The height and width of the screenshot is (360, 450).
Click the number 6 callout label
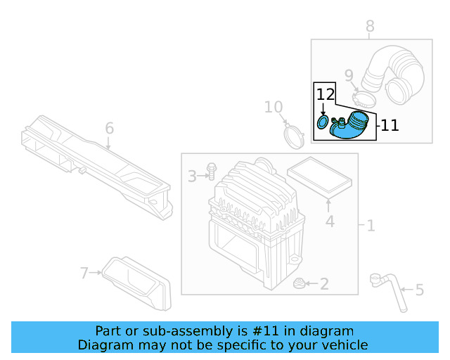click(x=109, y=129)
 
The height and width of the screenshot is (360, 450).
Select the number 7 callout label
click(x=84, y=273)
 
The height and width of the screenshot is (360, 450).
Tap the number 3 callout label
click(x=192, y=176)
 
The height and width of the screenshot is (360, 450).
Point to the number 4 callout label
click(x=329, y=223)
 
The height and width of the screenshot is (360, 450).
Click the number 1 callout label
click(x=371, y=226)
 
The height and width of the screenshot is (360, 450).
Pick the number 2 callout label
click(x=324, y=284)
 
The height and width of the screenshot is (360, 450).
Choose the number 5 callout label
click(x=420, y=290)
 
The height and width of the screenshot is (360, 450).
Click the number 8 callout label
click(x=370, y=27)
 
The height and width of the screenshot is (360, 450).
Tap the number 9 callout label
click(x=349, y=75)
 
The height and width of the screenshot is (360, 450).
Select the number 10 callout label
click(x=274, y=108)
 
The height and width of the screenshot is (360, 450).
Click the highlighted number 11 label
click(x=390, y=126)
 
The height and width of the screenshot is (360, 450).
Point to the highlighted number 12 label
click(x=324, y=94)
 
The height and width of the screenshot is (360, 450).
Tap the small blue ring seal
click(x=323, y=123)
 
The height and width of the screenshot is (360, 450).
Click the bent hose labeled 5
click(x=388, y=289)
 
